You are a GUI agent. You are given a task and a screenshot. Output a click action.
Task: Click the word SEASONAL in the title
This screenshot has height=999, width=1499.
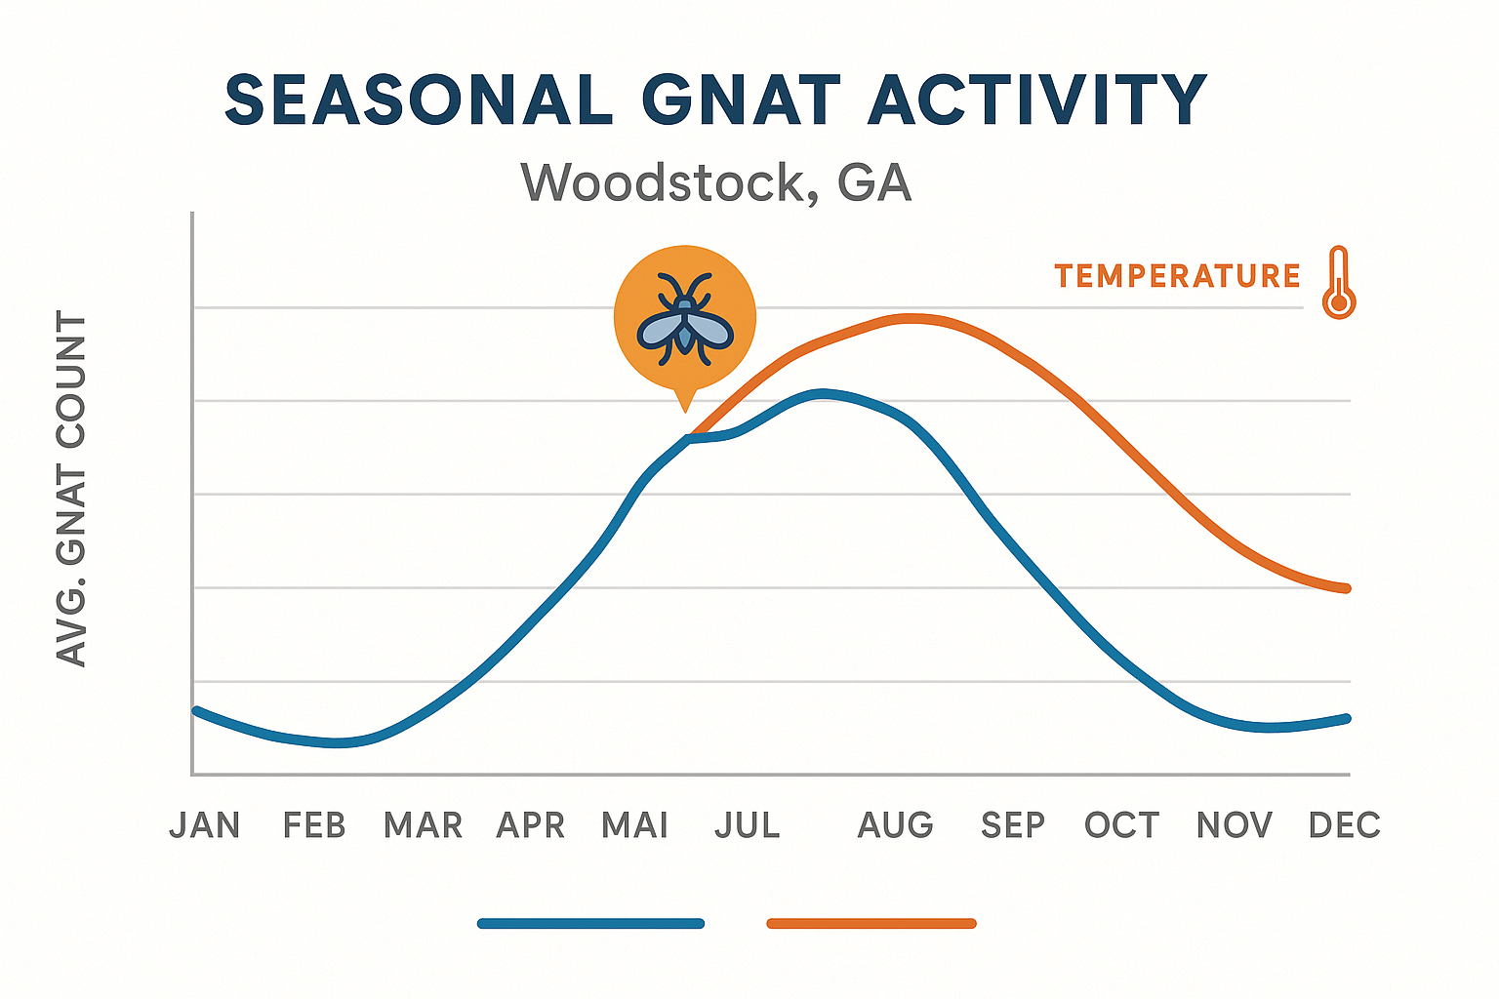coord(418,100)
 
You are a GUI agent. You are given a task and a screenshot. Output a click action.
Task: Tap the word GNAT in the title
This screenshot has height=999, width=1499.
coord(741,100)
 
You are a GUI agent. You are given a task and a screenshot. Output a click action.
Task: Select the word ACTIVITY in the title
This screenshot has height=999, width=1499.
coord(1037,100)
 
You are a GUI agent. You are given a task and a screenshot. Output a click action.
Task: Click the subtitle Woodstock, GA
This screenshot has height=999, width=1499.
coord(716,182)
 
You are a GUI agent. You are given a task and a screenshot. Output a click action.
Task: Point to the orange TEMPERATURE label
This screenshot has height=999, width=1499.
coord(1177,276)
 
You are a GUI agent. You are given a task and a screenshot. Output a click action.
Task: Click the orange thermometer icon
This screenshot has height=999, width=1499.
coord(1339,283)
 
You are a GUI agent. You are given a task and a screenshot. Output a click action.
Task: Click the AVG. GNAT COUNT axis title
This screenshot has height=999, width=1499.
coord(72,490)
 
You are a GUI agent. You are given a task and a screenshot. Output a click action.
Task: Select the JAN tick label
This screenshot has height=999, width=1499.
coord(205,825)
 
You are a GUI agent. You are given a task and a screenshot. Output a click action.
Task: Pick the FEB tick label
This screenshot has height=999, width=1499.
coord(314,825)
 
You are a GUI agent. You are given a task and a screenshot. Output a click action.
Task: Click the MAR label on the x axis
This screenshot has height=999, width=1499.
coord(423,825)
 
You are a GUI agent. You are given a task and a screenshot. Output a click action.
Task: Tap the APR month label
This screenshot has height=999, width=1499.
coord(531,825)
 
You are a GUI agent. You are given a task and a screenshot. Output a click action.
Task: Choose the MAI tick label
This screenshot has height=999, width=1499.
coord(635,825)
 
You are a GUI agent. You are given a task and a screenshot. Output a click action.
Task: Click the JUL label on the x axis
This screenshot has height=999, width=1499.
coord(748,825)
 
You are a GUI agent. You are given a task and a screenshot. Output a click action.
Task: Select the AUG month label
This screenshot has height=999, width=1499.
coord(896,825)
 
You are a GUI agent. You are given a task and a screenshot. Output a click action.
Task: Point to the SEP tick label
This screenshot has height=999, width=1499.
coord(1013,825)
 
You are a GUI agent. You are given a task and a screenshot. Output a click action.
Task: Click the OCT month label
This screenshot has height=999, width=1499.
coord(1122,825)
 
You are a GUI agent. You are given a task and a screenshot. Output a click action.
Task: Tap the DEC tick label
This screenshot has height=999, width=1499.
coord(1345,825)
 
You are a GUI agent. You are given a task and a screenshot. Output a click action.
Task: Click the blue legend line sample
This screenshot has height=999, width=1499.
coord(590,923)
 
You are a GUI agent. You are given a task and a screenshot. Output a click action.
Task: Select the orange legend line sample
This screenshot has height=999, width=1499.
coord(871,923)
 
